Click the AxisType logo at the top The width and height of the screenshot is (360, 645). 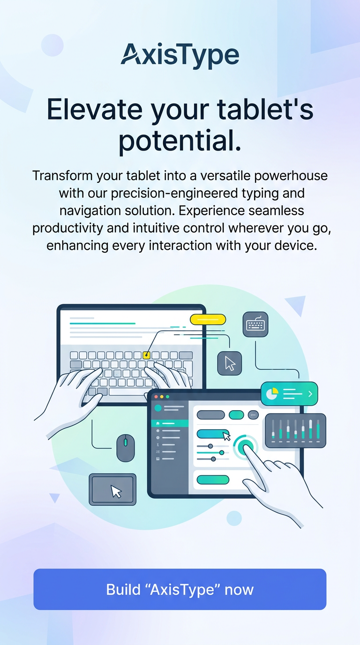click(x=180, y=56)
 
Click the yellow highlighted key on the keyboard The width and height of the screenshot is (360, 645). click(x=146, y=355)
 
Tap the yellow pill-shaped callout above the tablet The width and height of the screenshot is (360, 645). click(x=208, y=319)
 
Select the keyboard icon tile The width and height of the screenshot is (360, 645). click(x=255, y=324)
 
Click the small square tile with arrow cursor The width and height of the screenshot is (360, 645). click(x=230, y=363)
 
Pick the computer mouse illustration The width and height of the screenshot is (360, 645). click(x=126, y=448)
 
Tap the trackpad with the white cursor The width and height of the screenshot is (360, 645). click(x=112, y=489)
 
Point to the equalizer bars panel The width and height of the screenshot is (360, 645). click(x=295, y=430)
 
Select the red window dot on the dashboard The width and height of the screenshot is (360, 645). click(x=156, y=397)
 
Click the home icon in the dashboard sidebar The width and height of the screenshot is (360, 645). click(x=157, y=423)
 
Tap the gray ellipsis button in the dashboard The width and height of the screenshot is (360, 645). click(x=253, y=415)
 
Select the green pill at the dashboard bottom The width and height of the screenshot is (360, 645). click(x=213, y=480)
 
